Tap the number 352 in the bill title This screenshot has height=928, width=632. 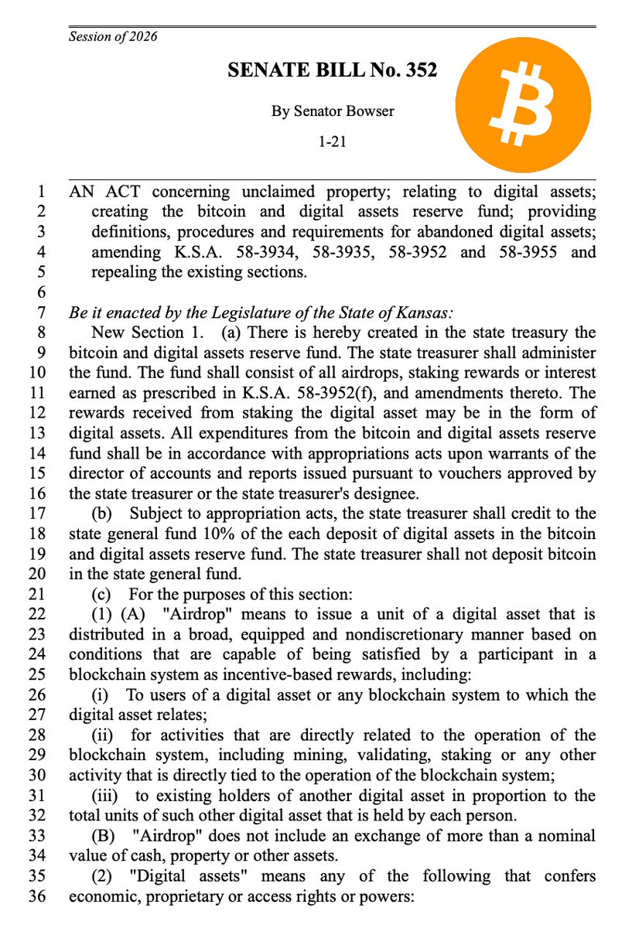pos(418,70)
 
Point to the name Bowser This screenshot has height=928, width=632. pos(368,111)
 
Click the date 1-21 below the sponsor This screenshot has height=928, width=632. pos(332,142)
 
